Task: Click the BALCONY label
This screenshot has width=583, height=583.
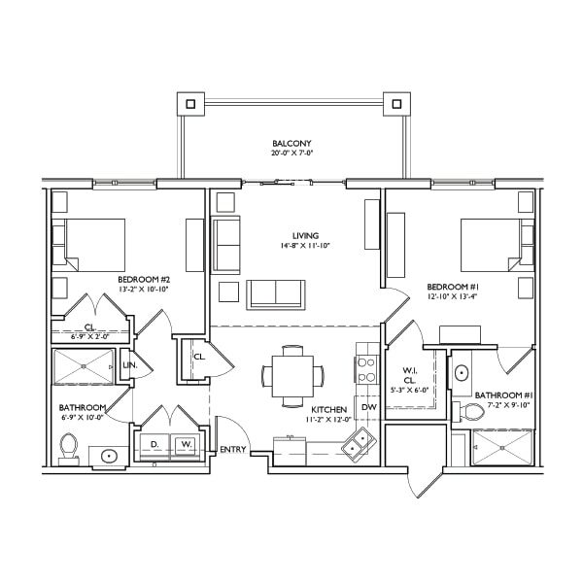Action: [x=291, y=144]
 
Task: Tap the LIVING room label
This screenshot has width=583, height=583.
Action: [x=306, y=236]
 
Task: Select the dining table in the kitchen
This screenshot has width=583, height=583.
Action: [x=292, y=376]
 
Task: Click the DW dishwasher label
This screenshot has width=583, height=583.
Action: [x=369, y=407]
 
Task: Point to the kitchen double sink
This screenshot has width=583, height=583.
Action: [x=357, y=445]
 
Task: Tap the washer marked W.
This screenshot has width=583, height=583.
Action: [x=186, y=444]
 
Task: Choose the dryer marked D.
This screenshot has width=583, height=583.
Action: [x=154, y=444]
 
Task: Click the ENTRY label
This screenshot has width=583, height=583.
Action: [x=233, y=450]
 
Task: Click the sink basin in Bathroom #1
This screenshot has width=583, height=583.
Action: [x=462, y=373]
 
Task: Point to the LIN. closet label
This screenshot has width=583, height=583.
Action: [x=130, y=365]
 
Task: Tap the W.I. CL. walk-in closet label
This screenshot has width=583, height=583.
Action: [x=410, y=375]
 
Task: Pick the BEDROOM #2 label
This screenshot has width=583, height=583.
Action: [x=144, y=280]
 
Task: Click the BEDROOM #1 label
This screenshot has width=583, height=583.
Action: [x=453, y=287]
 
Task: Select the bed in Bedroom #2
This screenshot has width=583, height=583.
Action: [x=88, y=245]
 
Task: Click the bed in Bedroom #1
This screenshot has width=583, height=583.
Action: [x=497, y=245]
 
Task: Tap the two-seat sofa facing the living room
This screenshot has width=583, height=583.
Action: [x=276, y=294]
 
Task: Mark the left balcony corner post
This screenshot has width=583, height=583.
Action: [x=190, y=104]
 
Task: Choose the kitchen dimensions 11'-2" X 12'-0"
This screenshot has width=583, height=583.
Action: [x=329, y=419]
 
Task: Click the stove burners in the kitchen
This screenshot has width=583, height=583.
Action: [x=366, y=369]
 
